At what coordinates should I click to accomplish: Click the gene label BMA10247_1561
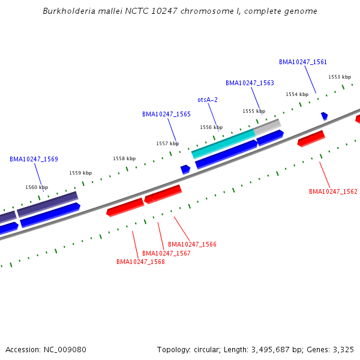pyautogui.click(x=303, y=62)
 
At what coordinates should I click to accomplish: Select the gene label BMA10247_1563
pyautogui.click(x=250, y=83)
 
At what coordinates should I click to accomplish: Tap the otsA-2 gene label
pyautogui.click(x=208, y=100)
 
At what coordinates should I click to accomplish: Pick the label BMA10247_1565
pyautogui.click(x=166, y=114)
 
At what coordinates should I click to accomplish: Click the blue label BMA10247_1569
pyautogui.click(x=34, y=159)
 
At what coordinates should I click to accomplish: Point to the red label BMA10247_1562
pyautogui.click(x=333, y=191)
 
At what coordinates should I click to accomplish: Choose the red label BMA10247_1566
pyautogui.click(x=192, y=244)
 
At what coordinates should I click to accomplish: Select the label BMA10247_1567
pyautogui.click(x=166, y=253)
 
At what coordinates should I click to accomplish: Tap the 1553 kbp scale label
pyautogui.click(x=340, y=77)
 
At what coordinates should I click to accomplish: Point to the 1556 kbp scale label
pyautogui.click(x=211, y=127)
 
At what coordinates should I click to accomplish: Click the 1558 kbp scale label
pyautogui.click(x=124, y=158)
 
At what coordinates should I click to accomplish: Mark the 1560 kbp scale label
pyautogui.click(x=37, y=187)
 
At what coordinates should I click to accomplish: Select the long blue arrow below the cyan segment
pyautogui.click(x=226, y=154)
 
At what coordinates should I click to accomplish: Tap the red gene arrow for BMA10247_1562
pyautogui.click(x=311, y=139)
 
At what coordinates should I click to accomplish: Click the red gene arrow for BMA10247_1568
pyautogui.click(x=125, y=207)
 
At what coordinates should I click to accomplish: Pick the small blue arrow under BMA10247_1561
pyautogui.click(x=324, y=116)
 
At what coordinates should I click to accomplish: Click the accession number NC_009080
pyautogui.click(x=62, y=349)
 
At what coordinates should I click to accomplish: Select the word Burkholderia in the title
pyautogui.click(x=67, y=11)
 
